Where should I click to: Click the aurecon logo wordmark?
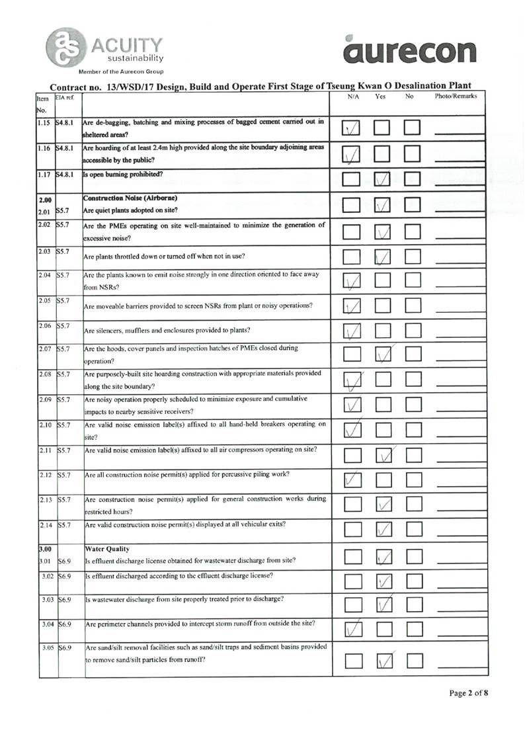(409, 50)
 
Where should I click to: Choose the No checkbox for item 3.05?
(414, 659)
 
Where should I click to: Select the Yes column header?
(380, 97)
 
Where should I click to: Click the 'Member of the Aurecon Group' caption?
(121, 71)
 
